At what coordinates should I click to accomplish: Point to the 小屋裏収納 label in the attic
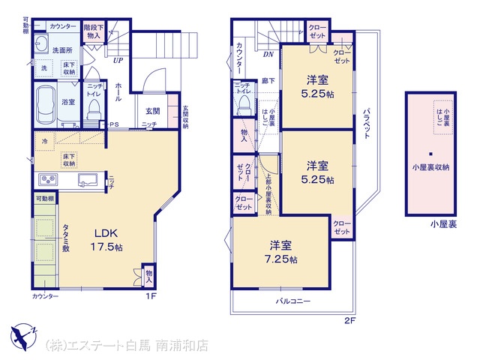point(430,166)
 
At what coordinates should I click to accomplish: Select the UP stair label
point(118,61)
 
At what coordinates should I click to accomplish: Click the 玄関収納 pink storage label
point(185,117)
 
